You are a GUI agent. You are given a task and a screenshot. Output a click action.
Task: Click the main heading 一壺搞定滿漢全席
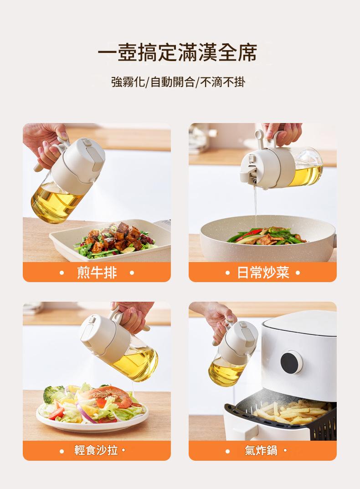click(x=178, y=52)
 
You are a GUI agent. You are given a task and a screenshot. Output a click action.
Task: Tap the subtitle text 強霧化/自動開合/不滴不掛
click(x=178, y=82)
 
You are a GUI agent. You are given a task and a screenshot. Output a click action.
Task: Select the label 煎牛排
click(x=97, y=273)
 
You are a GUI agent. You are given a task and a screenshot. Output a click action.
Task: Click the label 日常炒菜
click(x=263, y=273)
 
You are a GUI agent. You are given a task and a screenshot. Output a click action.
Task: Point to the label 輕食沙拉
click(x=96, y=450)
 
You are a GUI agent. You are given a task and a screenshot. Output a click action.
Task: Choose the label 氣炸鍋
click(x=261, y=450)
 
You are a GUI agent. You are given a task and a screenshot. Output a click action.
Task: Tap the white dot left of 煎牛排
click(x=62, y=273)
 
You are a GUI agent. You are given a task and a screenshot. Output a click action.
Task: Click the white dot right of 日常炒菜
click(x=298, y=273)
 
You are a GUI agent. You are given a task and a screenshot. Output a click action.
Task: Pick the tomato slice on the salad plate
click(x=56, y=413)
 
